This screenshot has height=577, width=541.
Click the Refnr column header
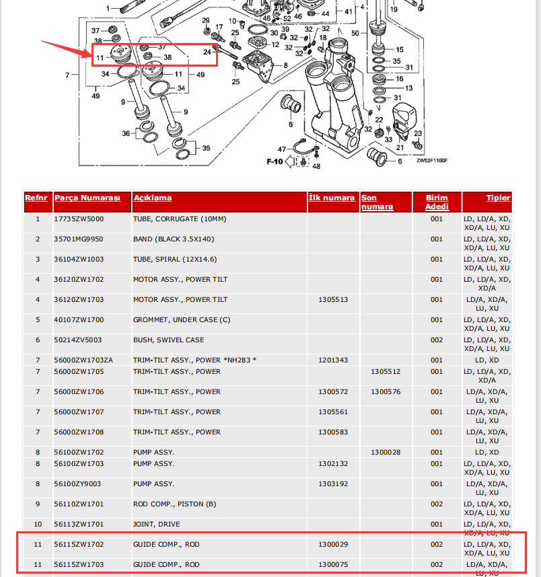(x=36, y=198)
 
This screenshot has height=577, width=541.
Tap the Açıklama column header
(x=153, y=198)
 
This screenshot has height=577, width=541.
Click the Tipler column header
(x=499, y=198)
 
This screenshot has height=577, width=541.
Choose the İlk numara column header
(x=332, y=198)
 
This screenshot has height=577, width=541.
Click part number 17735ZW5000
(x=79, y=219)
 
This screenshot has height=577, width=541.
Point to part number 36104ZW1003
(x=79, y=260)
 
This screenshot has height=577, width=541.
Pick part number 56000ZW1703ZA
(x=84, y=360)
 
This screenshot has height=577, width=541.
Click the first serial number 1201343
(x=333, y=360)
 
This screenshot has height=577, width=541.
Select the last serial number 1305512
(x=386, y=371)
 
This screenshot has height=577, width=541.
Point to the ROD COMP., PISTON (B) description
(x=174, y=504)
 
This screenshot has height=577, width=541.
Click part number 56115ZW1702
(x=79, y=544)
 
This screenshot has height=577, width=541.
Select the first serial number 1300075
(x=333, y=564)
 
